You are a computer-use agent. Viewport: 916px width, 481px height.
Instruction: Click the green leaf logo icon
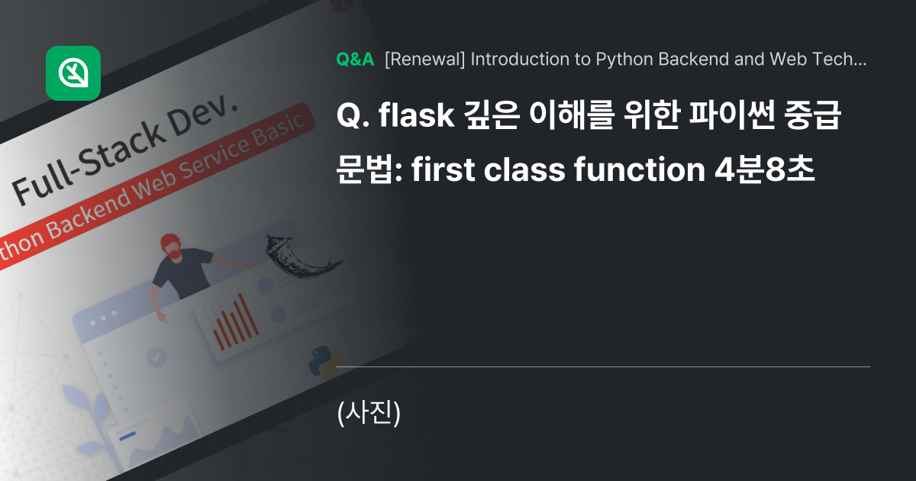click(73, 73)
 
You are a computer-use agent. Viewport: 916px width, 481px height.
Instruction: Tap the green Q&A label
click(355, 60)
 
